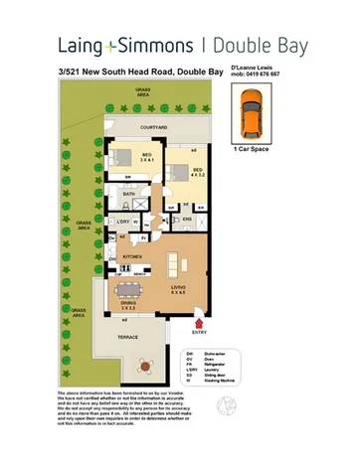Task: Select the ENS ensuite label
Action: [187, 218]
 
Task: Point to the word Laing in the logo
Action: [84, 45]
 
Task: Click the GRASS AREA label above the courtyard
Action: [151, 92]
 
